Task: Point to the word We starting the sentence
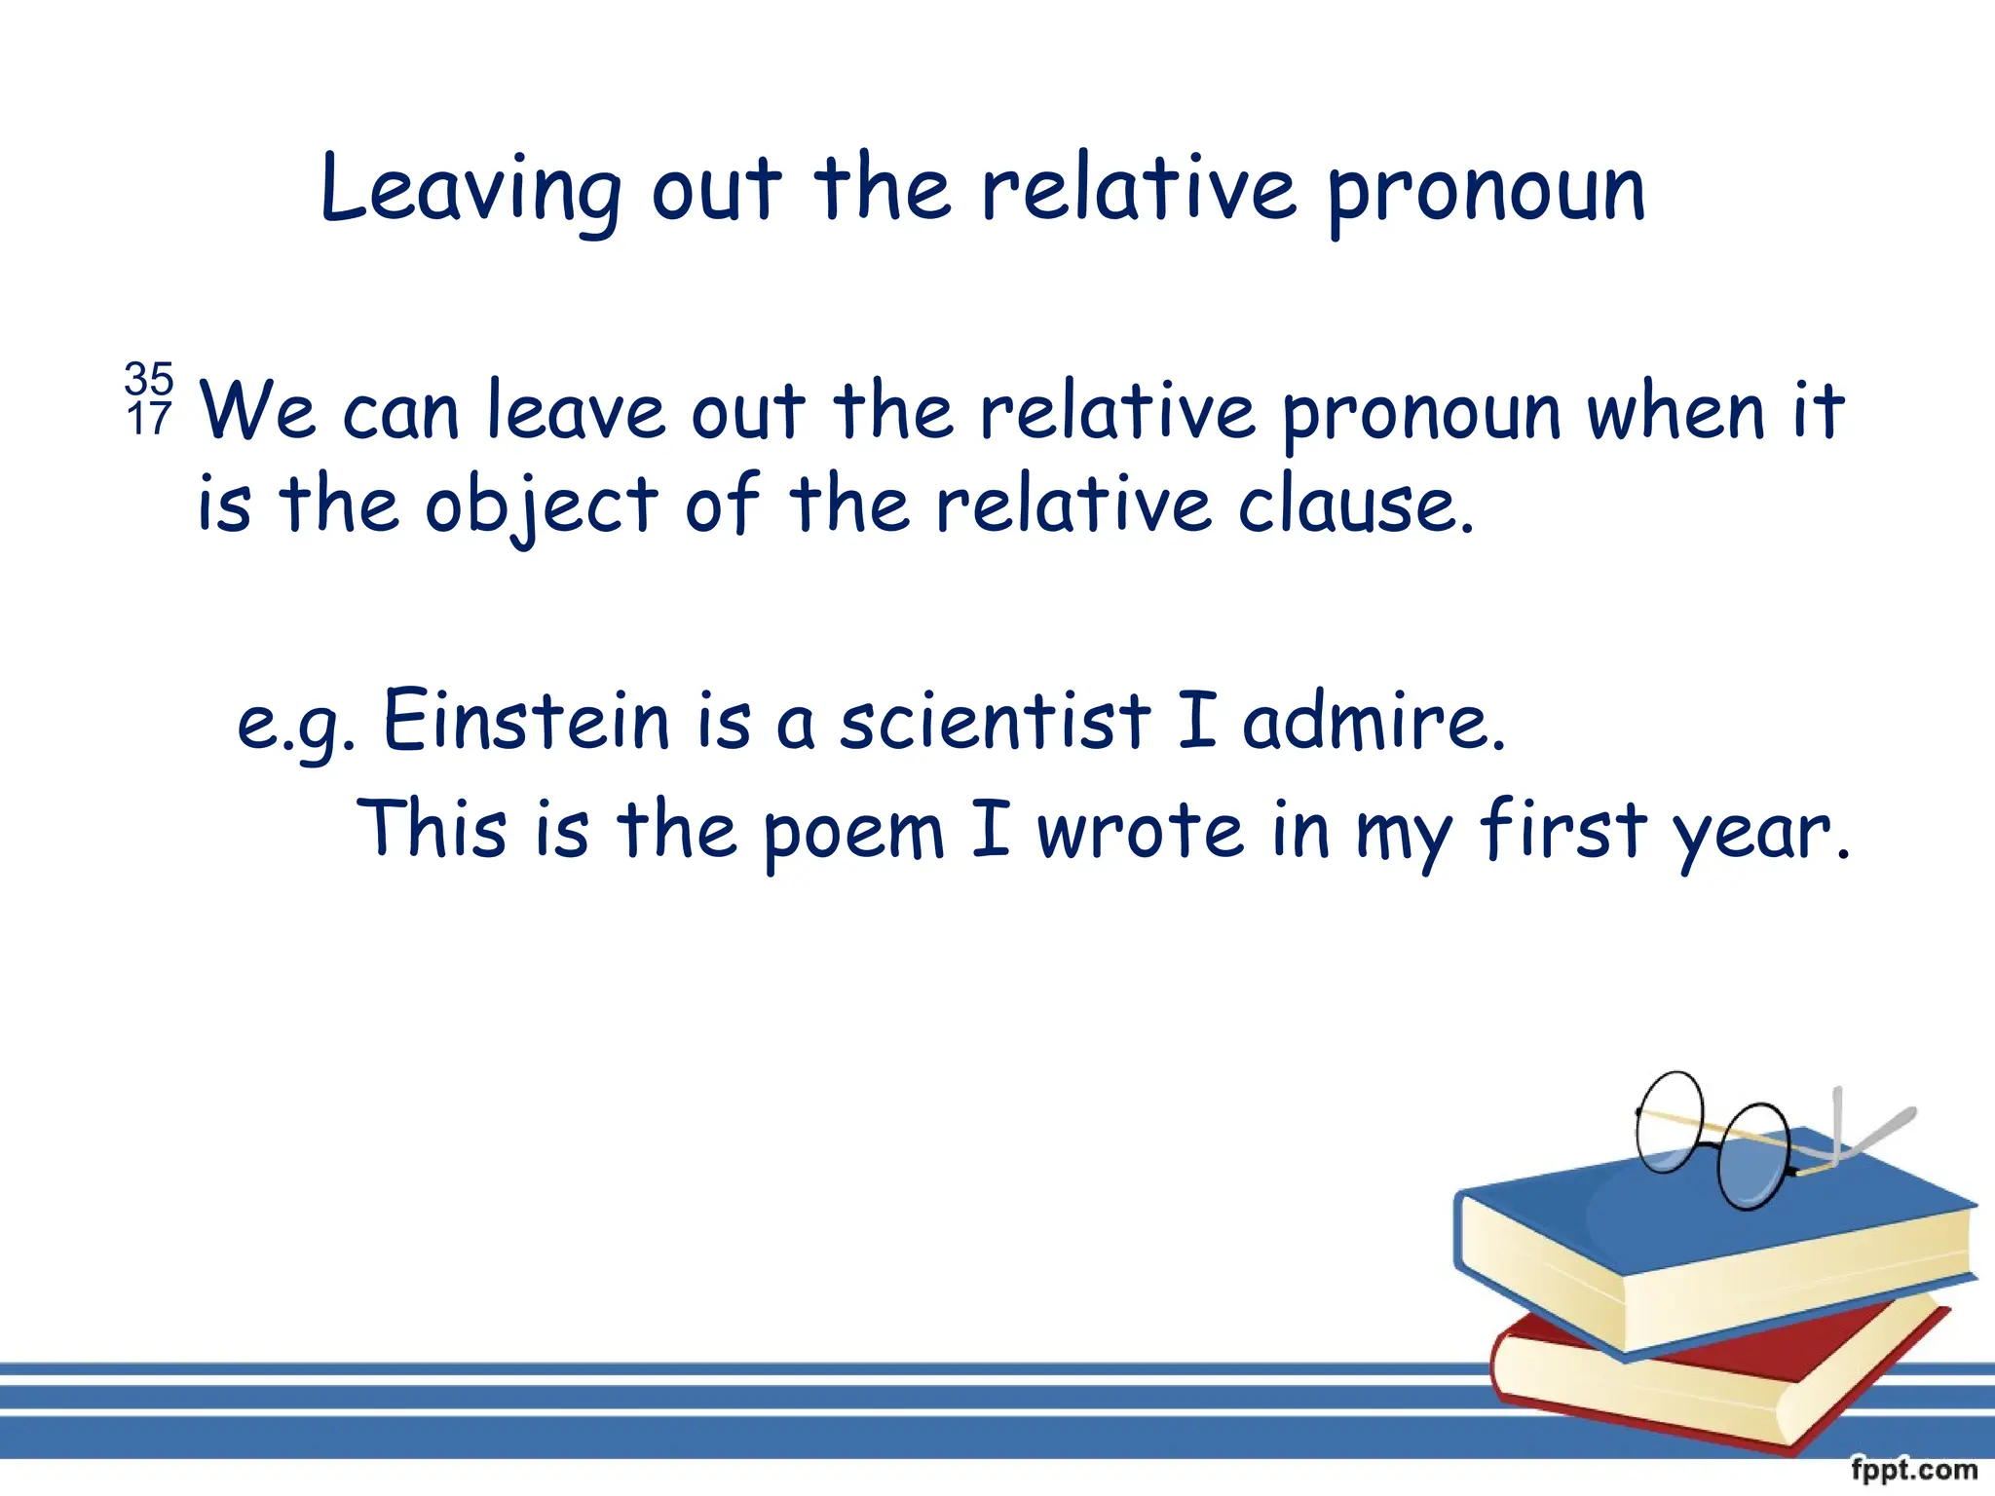click(x=257, y=412)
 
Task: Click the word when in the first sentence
click(x=1675, y=412)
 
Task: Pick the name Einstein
click(x=526, y=721)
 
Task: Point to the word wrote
click(x=1140, y=831)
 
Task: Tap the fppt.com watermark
click(x=1913, y=1469)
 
